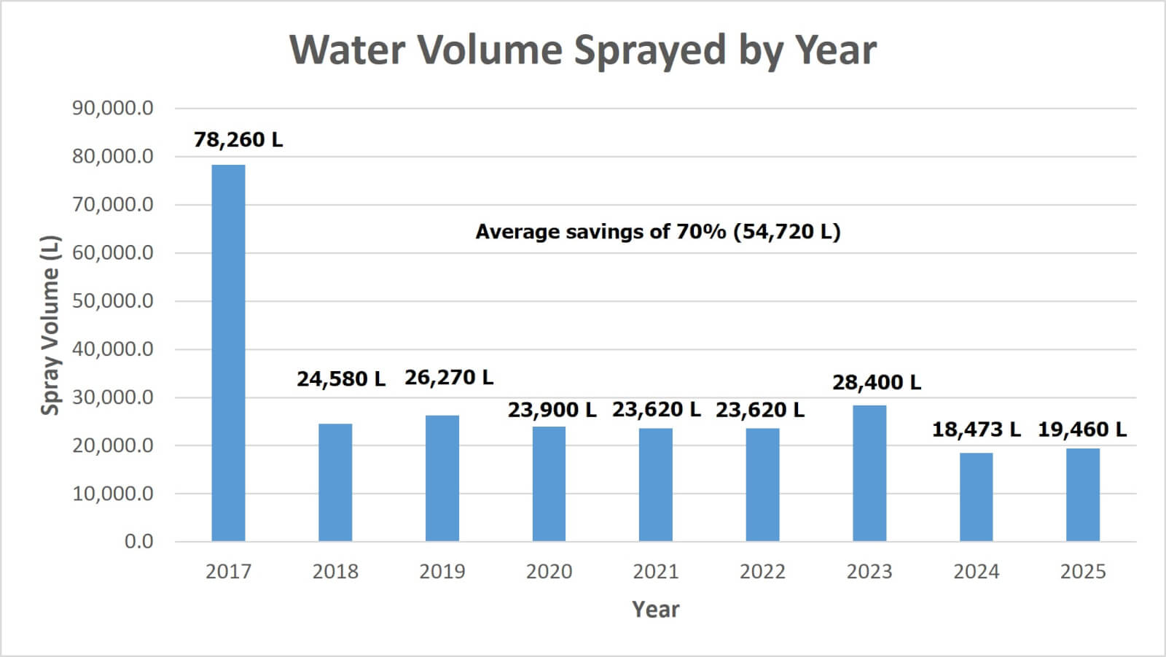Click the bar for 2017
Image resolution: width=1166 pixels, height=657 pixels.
click(x=228, y=353)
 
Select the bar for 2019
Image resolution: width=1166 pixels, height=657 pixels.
click(x=442, y=478)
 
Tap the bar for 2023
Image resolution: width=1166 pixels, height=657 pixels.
click(x=869, y=473)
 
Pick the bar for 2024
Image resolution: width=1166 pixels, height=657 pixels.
click(x=976, y=497)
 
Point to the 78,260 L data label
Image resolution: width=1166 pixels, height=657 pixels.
click(x=238, y=139)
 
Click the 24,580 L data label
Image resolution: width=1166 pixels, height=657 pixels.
click(x=341, y=379)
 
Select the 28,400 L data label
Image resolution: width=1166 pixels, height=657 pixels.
click(x=877, y=382)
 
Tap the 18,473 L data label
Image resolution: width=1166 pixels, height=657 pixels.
click(x=977, y=429)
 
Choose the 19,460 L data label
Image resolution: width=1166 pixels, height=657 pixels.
click(x=1082, y=429)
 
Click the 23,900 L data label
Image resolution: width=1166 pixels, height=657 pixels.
click(x=552, y=410)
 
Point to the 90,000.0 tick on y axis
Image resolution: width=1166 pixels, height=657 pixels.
click(x=113, y=109)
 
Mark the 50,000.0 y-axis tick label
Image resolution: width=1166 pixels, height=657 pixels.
click(x=113, y=301)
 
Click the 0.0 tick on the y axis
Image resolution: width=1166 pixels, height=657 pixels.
click(x=138, y=542)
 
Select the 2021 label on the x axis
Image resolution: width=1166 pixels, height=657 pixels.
click(x=656, y=572)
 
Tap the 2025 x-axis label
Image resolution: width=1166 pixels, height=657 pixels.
click(x=1083, y=572)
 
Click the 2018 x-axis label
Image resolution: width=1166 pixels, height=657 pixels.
click(x=335, y=572)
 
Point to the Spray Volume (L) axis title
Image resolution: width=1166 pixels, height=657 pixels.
click(x=50, y=325)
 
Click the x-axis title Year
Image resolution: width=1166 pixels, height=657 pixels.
click(x=656, y=610)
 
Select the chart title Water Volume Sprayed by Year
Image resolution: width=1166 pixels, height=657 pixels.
click(x=583, y=50)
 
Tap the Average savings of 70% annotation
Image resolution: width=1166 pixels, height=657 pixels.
click(x=658, y=232)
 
